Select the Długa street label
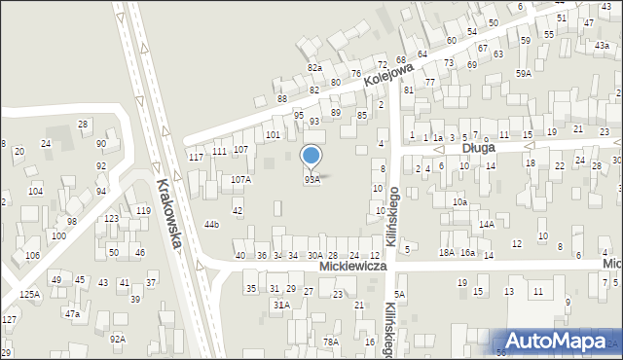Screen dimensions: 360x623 click(x=479, y=149)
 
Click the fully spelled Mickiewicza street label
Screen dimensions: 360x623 click(x=353, y=266)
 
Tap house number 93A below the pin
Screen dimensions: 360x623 click(x=311, y=180)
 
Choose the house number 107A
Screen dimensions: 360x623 click(x=240, y=180)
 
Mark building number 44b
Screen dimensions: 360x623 click(x=211, y=225)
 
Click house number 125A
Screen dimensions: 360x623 click(x=29, y=294)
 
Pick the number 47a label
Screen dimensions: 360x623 click(x=72, y=314)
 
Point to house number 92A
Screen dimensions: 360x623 click(x=117, y=339)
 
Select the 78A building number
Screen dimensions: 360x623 click(x=331, y=342)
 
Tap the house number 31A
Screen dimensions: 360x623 click(x=280, y=305)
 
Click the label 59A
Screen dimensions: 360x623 click(x=524, y=74)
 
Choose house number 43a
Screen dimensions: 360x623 click(x=602, y=46)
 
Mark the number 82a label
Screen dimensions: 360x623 click(x=314, y=67)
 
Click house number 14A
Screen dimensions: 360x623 click(x=486, y=224)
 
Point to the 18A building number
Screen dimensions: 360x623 click(x=446, y=253)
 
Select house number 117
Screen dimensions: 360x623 click(x=196, y=157)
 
